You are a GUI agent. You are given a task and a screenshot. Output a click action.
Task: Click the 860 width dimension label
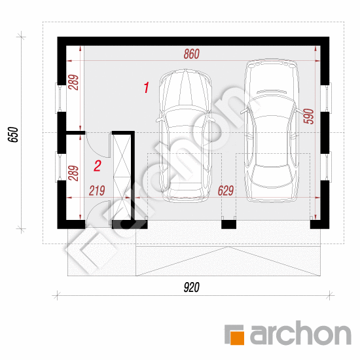(192, 54)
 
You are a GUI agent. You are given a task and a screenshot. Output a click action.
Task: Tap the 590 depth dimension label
(309, 117)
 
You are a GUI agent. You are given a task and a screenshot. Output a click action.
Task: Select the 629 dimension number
(226, 190)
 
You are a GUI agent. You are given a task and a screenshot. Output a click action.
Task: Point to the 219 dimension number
(97, 190)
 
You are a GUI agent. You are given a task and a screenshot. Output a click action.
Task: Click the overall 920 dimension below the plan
(192, 287)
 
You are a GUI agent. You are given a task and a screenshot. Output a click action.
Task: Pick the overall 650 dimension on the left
(13, 135)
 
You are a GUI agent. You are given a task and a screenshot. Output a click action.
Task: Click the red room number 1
(146, 88)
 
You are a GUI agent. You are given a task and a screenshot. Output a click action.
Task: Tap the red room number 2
(98, 166)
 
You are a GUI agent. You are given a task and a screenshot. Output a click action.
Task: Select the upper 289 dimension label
(73, 82)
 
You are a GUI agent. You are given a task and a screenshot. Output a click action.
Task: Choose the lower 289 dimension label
(73, 173)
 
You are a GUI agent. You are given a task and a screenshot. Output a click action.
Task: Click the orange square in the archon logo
(237, 338)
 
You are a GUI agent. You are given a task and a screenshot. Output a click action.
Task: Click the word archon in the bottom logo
(300, 333)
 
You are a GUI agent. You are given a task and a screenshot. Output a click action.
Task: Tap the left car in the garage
(185, 135)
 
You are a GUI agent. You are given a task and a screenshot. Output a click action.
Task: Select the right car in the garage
(272, 130)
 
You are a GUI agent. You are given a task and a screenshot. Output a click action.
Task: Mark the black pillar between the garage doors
(228, 225)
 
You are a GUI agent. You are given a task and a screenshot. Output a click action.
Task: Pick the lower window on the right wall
(326, 167)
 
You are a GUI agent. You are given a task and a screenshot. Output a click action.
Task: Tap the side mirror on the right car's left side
(244, 111)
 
